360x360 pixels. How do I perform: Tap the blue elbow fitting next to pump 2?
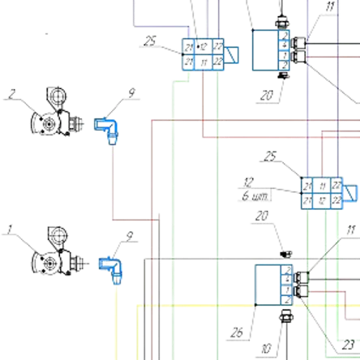pyautogui.click(x=105, y=127)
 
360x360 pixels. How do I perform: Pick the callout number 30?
pyautogui.click(x=266, y=350)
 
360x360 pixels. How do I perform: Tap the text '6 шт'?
pyautogui.click(x=248, y=195)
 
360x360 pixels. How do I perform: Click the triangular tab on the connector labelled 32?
pyautogui.click(x=349, y=193)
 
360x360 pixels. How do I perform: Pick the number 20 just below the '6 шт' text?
pyautogui.click(x=259, y=216)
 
